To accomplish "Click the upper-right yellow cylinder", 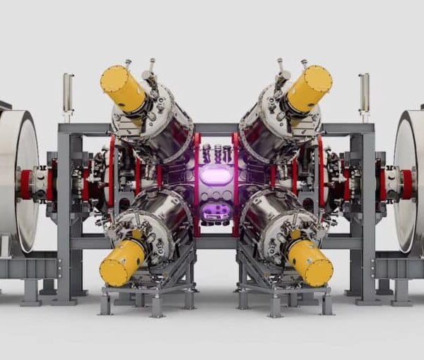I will click(309, 88).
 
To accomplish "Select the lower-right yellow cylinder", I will click(310, 262).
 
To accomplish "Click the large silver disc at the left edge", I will click(17, 180).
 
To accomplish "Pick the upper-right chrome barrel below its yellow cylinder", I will click(265, 127).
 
